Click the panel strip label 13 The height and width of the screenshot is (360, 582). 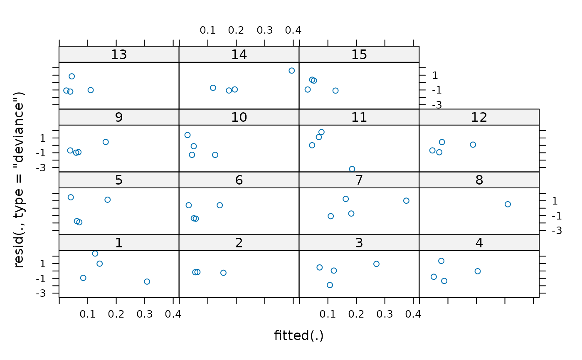(x=119, y=54)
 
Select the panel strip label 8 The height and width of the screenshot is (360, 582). (x=479, y=180)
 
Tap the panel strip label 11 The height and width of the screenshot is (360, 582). (x=359, y=117)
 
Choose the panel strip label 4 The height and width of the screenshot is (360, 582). (x=479, y=243)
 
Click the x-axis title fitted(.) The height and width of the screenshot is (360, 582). (x=299, y=335)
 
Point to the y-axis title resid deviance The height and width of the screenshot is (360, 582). (x=19, y=180)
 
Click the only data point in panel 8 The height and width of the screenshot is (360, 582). (x=508, y=205)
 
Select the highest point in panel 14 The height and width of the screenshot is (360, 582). (x=291, y=71)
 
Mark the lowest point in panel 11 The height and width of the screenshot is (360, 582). (x=352, y=169)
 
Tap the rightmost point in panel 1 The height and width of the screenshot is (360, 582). (x=147, y=281)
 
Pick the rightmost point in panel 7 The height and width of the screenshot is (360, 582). (x=406, y=201)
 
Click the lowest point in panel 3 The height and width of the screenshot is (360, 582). (x=330, y=285)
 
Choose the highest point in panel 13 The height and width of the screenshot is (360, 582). (x=72, y=76)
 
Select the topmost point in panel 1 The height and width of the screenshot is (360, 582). (x=95, y=254)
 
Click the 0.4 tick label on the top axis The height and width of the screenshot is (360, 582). (x=293, y=30)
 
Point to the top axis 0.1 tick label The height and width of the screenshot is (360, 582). (x=207, y=30)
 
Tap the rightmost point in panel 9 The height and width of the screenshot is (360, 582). (x=106, y=142)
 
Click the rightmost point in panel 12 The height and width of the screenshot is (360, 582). (x=473, y=145)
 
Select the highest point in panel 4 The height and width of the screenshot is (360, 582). (x=441, y=261)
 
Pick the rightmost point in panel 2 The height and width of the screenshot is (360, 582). (x=223, y=273)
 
